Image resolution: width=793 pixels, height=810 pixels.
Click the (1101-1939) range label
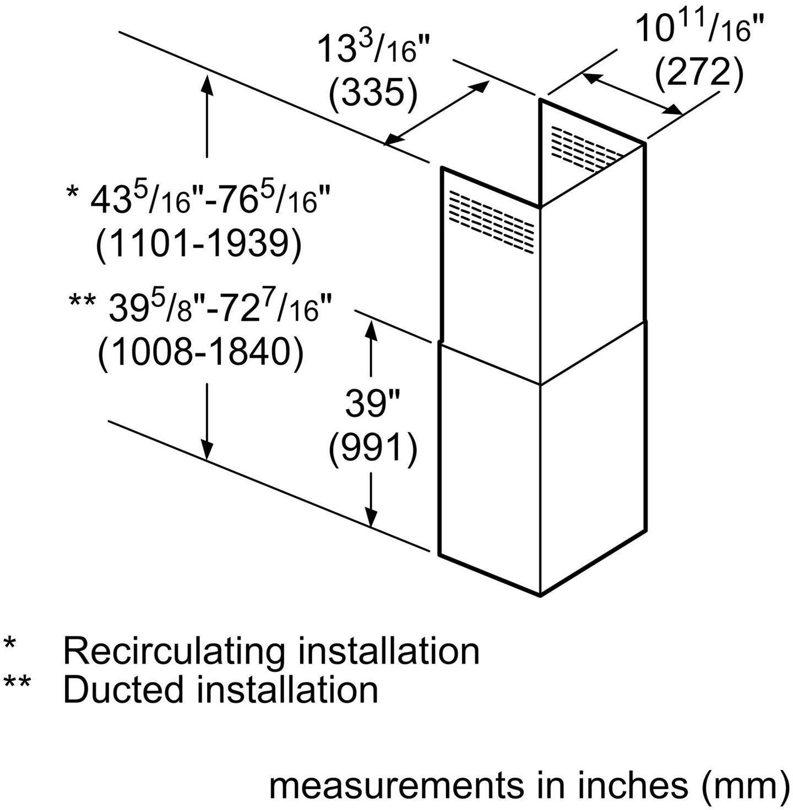point(199,247)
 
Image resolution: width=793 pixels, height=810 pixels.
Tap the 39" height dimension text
point(372,404)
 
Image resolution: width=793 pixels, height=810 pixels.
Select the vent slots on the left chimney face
point(491,222)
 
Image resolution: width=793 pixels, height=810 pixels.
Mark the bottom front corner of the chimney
point(540,595)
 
